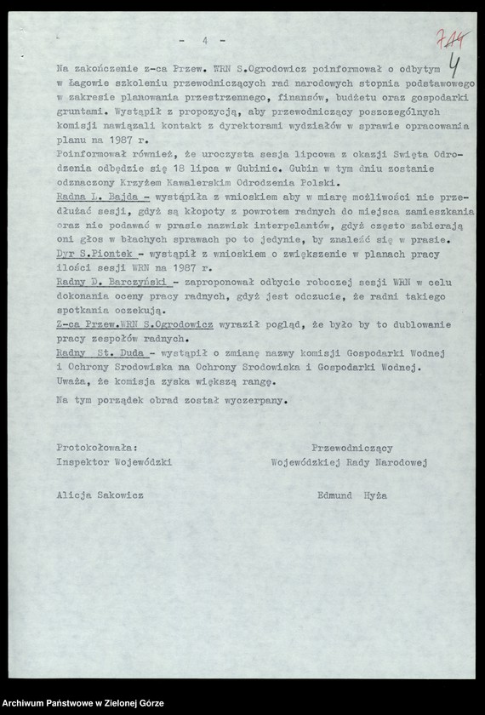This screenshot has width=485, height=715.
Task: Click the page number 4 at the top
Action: (x=205, y=40)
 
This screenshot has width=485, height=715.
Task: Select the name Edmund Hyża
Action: (x=351, y=494)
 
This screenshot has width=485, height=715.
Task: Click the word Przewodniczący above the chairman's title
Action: (x=351, y=447)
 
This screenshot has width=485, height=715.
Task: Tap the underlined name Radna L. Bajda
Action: (x=94, y=197)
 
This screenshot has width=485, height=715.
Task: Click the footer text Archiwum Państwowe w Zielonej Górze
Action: (x=82, y=705)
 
